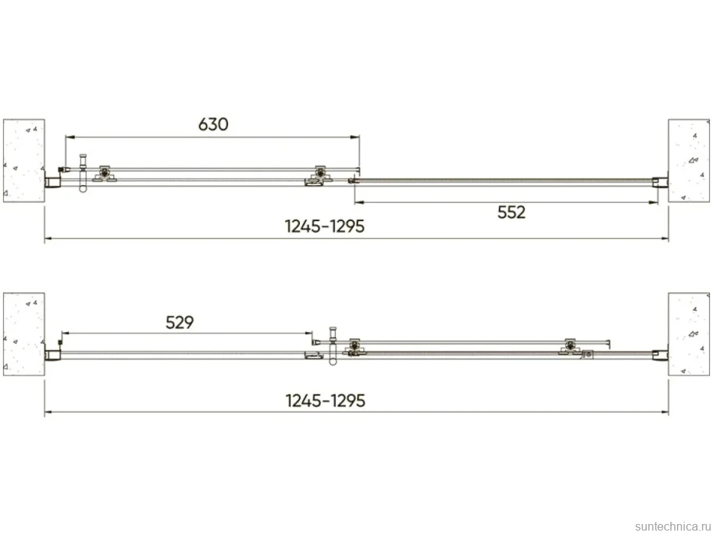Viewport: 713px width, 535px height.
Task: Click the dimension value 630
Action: pyautogui.click(x=213, y=124)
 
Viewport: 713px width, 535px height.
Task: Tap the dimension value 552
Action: pyautogui.click(x=511, y=212)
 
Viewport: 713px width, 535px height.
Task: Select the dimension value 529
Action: pyautogui.click(x=179, y=323)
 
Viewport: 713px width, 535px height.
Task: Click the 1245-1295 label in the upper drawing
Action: pyautogui.click(x=325, y=226)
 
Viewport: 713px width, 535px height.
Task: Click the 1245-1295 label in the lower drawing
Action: pyautogui.click(x=325, y=401)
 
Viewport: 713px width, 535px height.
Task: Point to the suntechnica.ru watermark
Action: pyautogui.click(x=673, y=526)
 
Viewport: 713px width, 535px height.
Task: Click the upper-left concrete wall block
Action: pyautogui.click(x=24, y=160)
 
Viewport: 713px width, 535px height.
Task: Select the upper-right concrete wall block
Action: pyautogui.click(x=689, y=160)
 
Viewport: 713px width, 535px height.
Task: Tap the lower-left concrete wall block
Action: pyautogui.click(x=24, y=334)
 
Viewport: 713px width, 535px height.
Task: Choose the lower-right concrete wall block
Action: pyautogui.click(x=689, y=334)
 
